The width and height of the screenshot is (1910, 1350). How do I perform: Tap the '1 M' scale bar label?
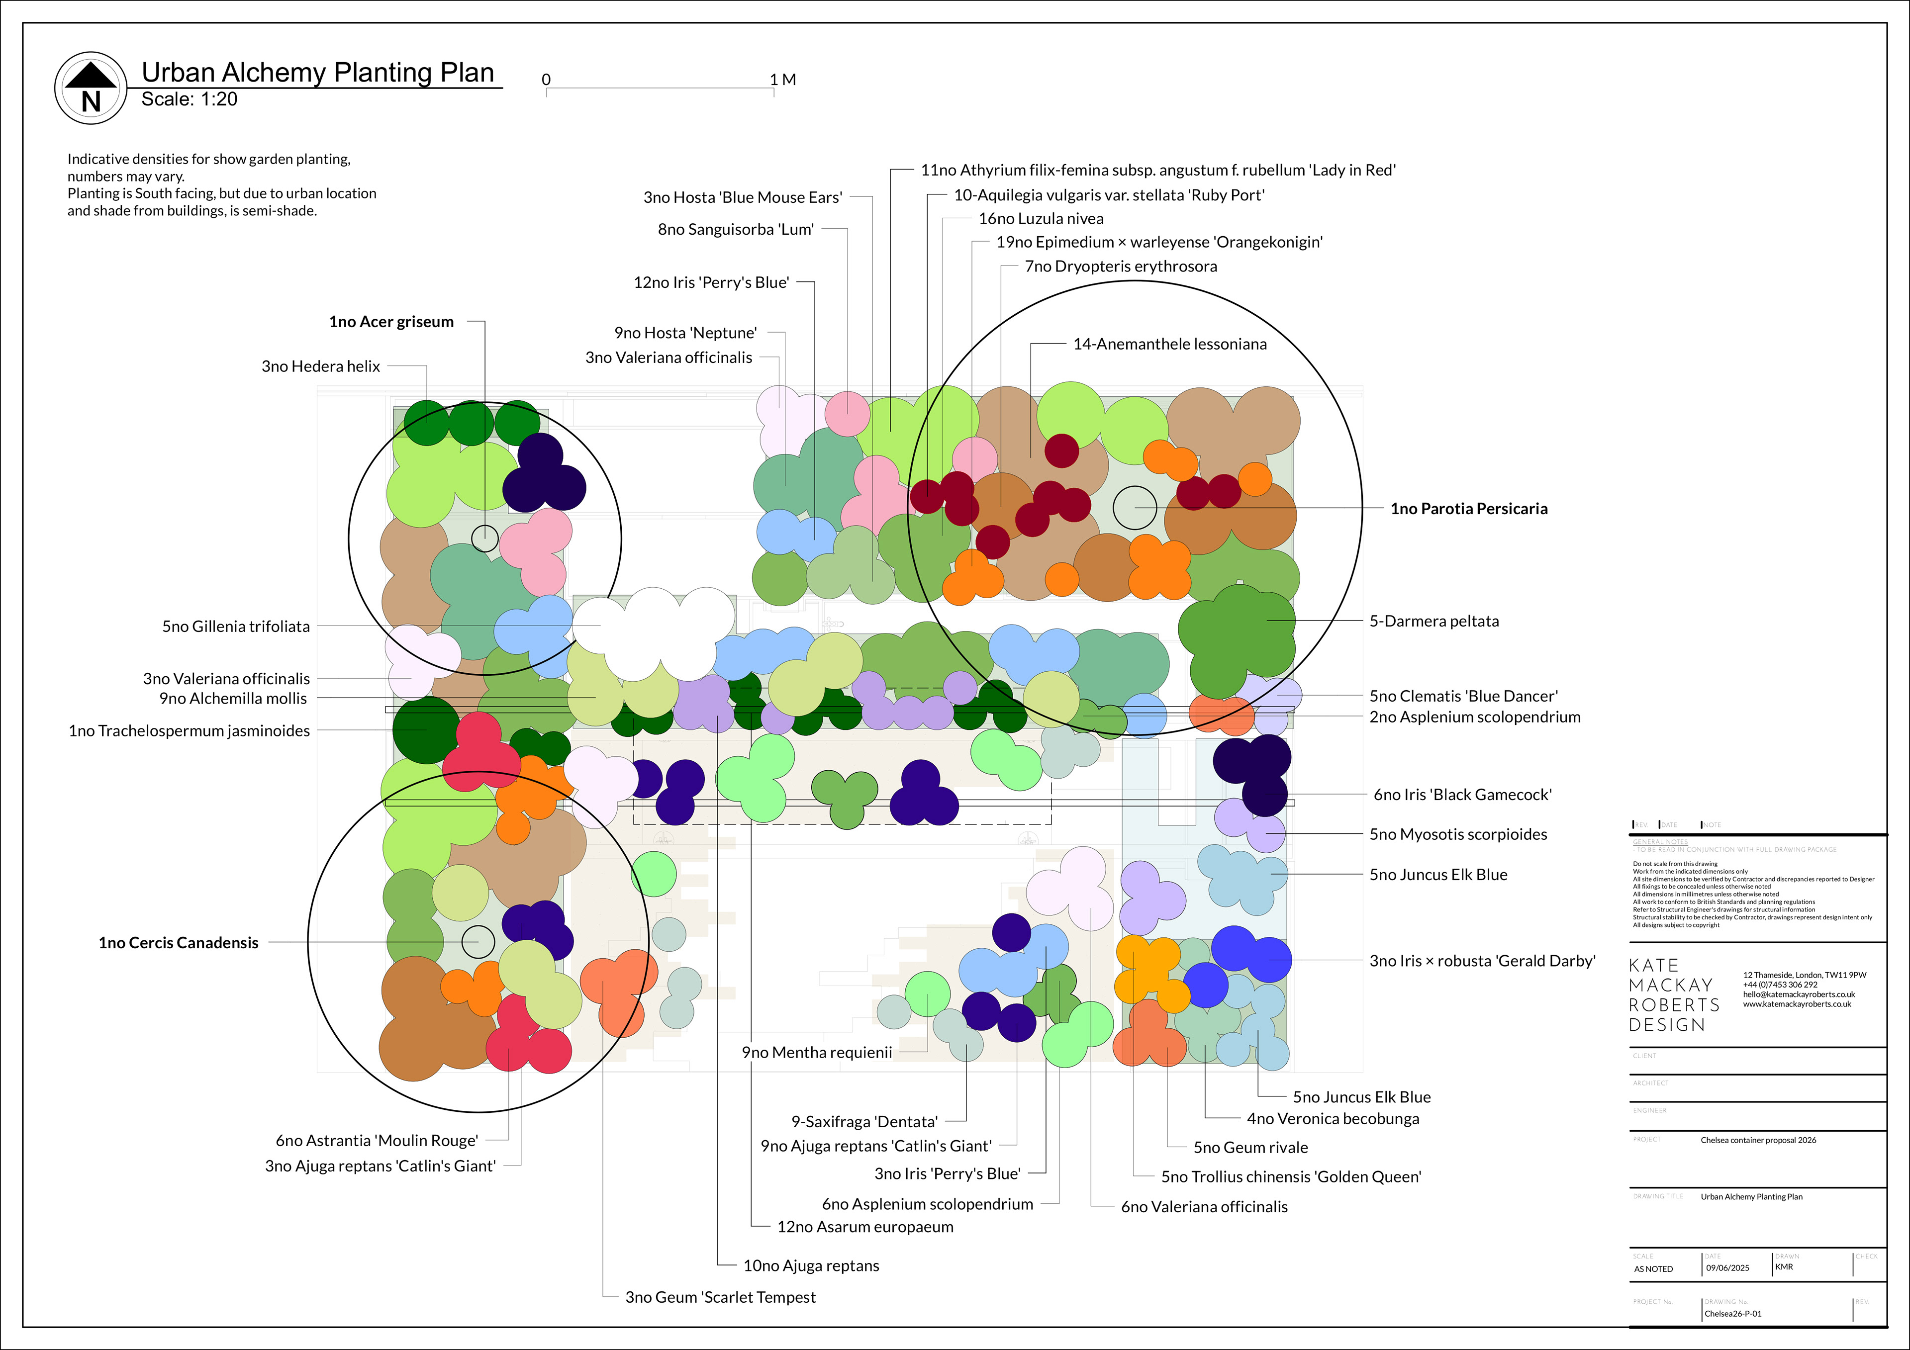[783, 80]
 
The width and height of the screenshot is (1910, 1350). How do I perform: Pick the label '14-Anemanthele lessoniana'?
[1169, 345]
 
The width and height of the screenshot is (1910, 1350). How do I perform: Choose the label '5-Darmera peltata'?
[1433, 622]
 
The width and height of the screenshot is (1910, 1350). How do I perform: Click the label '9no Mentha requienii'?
[816, 1052]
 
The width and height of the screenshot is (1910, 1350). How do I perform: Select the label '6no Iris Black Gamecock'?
[1462, 795]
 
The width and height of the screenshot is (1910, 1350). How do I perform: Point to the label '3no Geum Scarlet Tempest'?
[720, 1297]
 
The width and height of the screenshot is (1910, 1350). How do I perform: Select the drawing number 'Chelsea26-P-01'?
[1733, 1314]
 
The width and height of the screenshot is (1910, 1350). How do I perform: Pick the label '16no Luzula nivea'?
[1041, 219]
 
